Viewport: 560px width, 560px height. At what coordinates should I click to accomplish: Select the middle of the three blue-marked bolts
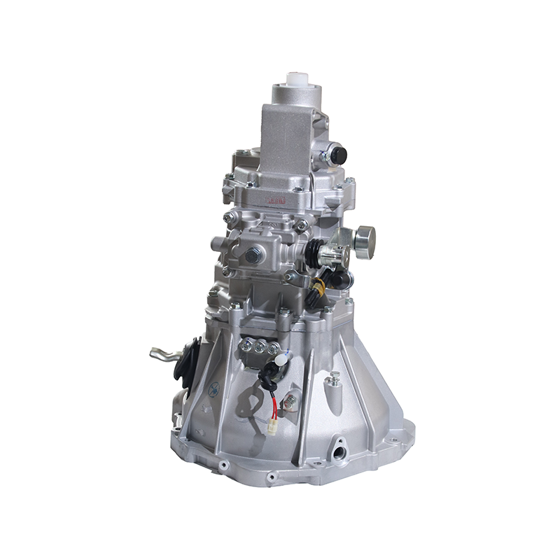tap(260, 346)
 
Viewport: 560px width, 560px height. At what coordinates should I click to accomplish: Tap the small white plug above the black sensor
tap(281, 360)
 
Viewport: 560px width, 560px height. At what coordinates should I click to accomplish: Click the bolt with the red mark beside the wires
tap(289, 401)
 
